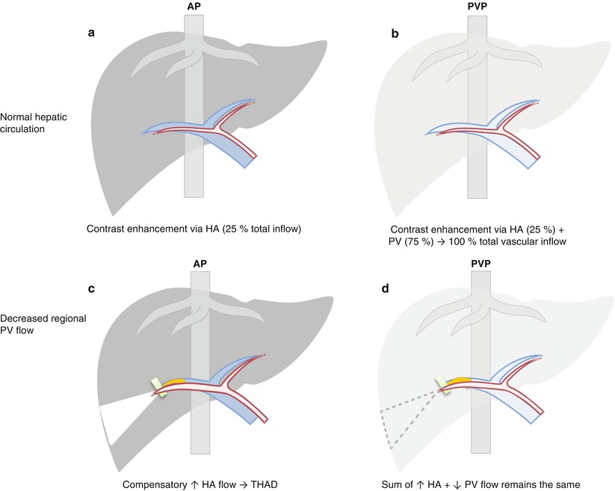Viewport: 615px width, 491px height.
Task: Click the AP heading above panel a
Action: pos(193,6)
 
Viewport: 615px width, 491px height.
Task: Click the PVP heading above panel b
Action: pos(478,6)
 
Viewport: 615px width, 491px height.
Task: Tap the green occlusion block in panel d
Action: pos(442,385)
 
